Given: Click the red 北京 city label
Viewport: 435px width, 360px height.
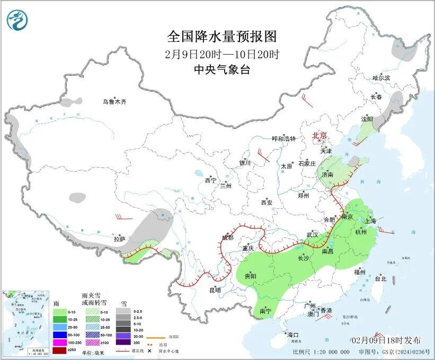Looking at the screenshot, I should coord(319,135).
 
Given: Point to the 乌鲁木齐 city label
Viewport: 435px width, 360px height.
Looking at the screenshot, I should coord(115,102).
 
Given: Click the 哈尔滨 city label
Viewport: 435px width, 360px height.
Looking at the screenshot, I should coord(380,78).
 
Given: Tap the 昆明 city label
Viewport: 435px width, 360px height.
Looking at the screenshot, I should coord(215,290).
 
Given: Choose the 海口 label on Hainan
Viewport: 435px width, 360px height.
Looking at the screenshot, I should coord(293,335).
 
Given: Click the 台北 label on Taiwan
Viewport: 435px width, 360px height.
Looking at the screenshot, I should coord(380,278).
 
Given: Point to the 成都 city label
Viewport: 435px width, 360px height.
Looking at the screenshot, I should coord(227,238).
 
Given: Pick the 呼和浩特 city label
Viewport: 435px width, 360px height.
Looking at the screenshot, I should coord(283,138).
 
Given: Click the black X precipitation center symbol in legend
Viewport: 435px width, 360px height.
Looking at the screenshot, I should coord(157,351).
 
